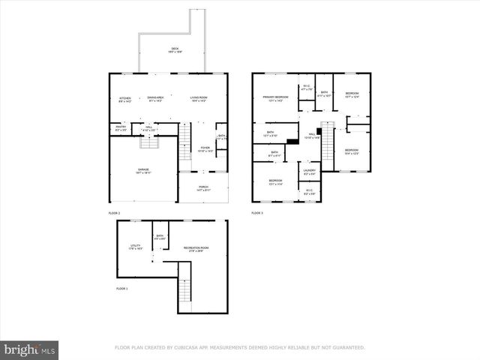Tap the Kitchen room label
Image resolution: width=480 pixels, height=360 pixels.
coord(124,99)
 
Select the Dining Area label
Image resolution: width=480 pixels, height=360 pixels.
coord(155,99)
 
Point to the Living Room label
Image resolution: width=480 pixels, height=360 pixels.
coord(199,99)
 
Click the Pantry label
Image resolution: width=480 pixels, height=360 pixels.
coord(121,128)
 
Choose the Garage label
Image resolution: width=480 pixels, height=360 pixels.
coord(142,171)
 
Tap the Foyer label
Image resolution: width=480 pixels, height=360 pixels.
coord(205,149)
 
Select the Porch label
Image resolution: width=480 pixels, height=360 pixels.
coord(203,188)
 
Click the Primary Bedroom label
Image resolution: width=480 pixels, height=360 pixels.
coord(275,98)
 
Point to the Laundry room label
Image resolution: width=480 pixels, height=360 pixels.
coord(309,172)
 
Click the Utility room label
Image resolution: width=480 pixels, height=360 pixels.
coord(136,247)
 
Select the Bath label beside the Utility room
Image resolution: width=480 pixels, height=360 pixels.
coord(160,238)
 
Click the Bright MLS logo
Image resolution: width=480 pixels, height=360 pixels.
coord(30,349)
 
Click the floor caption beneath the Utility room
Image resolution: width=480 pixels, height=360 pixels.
coord(122,289)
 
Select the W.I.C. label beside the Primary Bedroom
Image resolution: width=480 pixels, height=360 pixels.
coord(306,87)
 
